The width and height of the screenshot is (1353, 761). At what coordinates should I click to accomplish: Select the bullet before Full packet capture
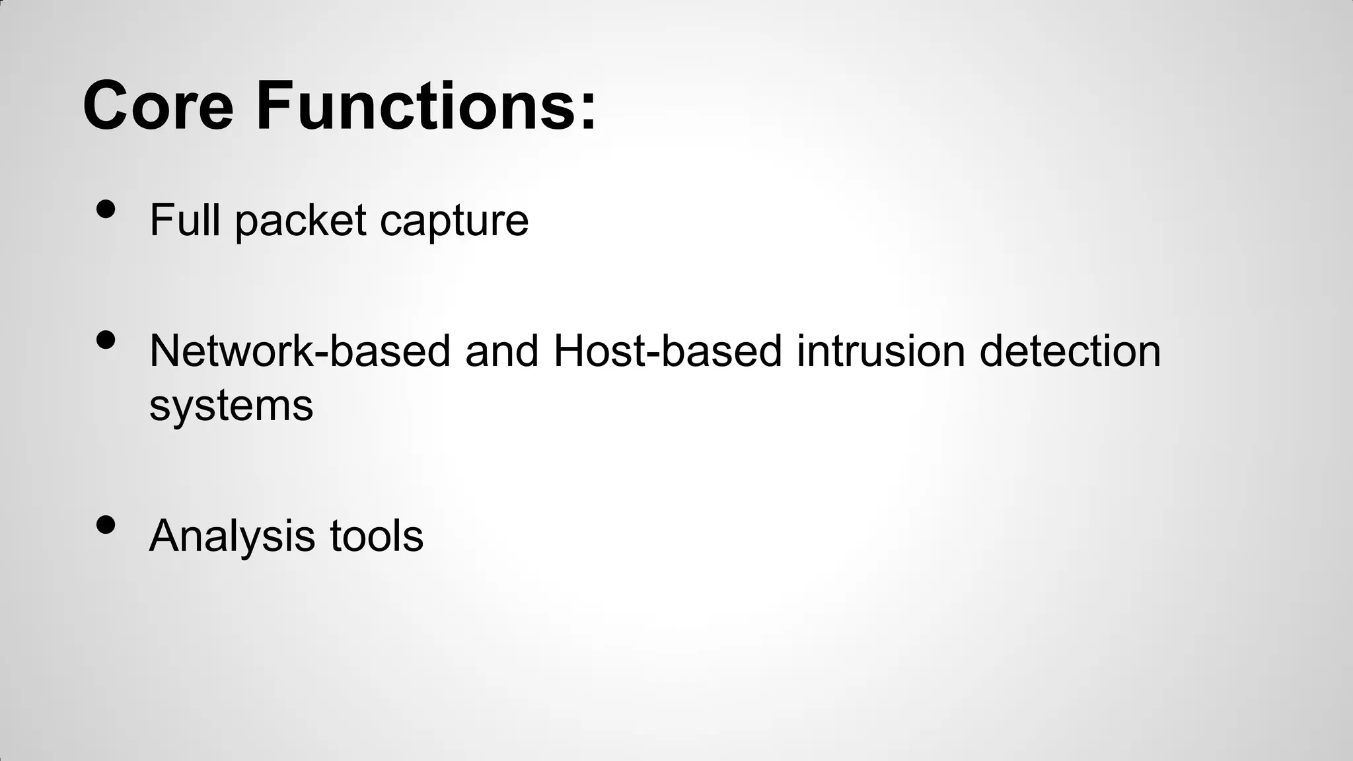tap(106, 209)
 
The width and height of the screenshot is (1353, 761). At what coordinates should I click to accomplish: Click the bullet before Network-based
tap(106, 340)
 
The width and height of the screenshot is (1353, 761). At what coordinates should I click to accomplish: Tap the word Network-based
tap(300, 351)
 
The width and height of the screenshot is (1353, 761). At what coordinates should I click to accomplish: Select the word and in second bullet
tap(502, 351)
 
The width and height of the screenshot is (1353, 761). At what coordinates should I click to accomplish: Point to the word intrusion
tap(881, 351)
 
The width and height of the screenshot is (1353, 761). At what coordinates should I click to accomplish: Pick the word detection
tap(1070, 351)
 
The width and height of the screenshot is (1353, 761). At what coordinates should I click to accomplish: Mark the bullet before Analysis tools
tap(106, 525)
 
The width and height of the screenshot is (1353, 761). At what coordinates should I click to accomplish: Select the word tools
tap(377, 536)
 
